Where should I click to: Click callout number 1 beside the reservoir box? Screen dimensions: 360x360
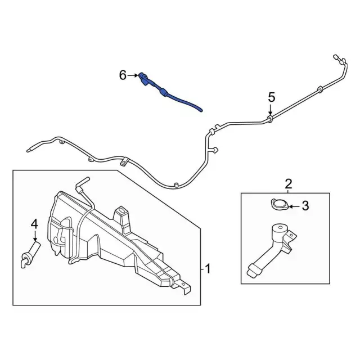[208, 269]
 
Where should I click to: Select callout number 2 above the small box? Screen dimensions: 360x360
[289, 183]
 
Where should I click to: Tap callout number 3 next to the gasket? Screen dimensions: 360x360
[305, 206]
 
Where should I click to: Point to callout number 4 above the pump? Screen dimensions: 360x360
[34, 223]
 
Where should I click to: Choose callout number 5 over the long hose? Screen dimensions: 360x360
[271, 97]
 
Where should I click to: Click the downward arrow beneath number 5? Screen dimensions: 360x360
[271, 110]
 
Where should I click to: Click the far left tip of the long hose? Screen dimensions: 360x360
[28, 150]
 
